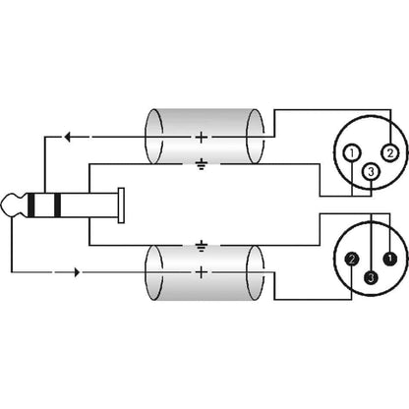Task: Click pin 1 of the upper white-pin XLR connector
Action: pyautogui.click(x=352, y=152)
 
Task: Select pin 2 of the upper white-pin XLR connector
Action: pyautogui.click(x=390, y=152)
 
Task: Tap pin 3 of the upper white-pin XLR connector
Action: pyautogui.click(x=371, y=171)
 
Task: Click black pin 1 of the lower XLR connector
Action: pyautogui.click(x=390, y=259)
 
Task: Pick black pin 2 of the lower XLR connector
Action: pyautogui.click(x=352, y=260)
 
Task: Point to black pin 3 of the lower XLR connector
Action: pyautogui.click(x=371, y=277)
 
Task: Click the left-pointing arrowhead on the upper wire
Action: pyautogui.click(x=67, y=137)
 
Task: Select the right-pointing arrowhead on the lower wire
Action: pyautogui.click(x=78, y=272)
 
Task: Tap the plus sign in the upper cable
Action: pyautogui.click(x=202, y=137)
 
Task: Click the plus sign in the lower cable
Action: pyautogui.click(x=202, y=272)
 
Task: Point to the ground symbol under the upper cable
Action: pyautogui.click(x=202, y=164)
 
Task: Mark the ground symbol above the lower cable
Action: pyautogui.click(x=202, y=246)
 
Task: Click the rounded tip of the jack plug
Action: pyautogui.click(x=10, y=205)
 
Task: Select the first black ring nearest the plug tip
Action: pyautogui.click(x=30, y=205)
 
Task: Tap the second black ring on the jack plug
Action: pyautogui.click(x=57, y=205)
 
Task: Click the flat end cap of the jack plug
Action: pyautogui.click(x=121, y=205)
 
